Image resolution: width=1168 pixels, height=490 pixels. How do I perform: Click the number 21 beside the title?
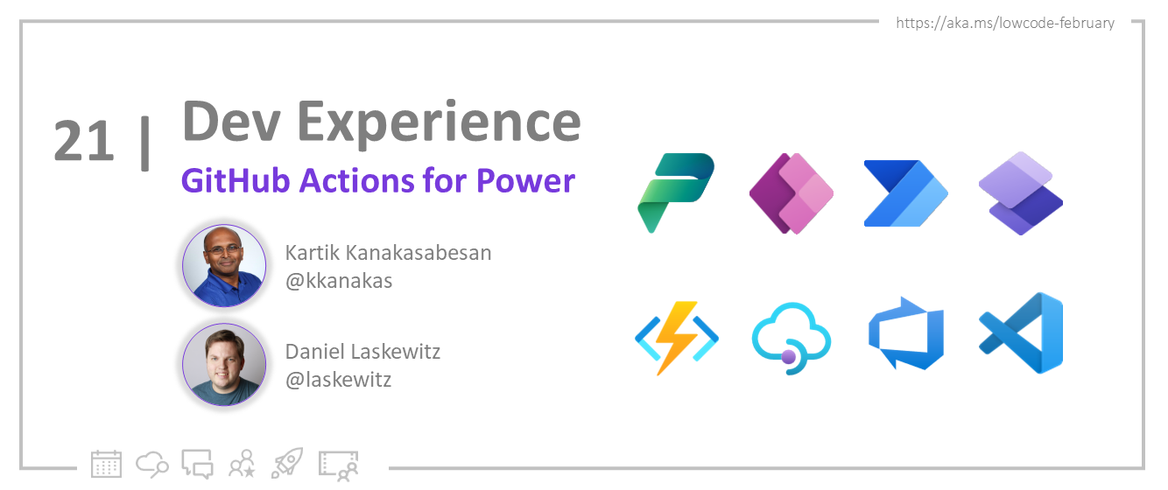(84, 140)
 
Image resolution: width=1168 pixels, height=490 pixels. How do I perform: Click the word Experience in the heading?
(439, 123)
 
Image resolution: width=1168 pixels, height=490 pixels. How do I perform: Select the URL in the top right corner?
(1005, 23)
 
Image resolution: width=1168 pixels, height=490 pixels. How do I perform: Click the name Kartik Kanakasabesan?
(388, 253)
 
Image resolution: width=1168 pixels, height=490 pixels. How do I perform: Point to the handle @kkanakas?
(339, 281)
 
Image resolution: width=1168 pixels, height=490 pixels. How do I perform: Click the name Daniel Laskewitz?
(362, 352)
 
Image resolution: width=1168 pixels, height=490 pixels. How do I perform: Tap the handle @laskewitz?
(339, 380)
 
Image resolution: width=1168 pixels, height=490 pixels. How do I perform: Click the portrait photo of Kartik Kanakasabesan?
(224, 265)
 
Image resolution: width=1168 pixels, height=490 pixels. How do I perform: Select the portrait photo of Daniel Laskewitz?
(224, 364)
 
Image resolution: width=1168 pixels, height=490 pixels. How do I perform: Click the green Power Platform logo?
(676, 192)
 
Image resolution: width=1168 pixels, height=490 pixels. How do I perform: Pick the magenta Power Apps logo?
(791, 193)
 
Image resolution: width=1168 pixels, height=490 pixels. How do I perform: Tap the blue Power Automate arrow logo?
(905, 193)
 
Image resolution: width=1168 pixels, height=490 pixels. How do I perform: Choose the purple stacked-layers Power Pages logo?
(1020, 193)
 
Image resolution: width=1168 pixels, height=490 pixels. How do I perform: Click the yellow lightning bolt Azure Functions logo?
(676, 338)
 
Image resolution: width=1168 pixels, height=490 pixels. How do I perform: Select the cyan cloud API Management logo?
(791, 339)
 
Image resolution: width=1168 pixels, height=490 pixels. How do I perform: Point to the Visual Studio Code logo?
(1021, 333)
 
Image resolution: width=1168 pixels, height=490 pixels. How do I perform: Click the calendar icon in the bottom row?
(106, 464)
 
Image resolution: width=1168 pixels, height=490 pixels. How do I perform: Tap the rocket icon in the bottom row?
(287, 463)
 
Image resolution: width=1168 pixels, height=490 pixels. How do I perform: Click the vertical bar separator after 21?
(145, 143)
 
